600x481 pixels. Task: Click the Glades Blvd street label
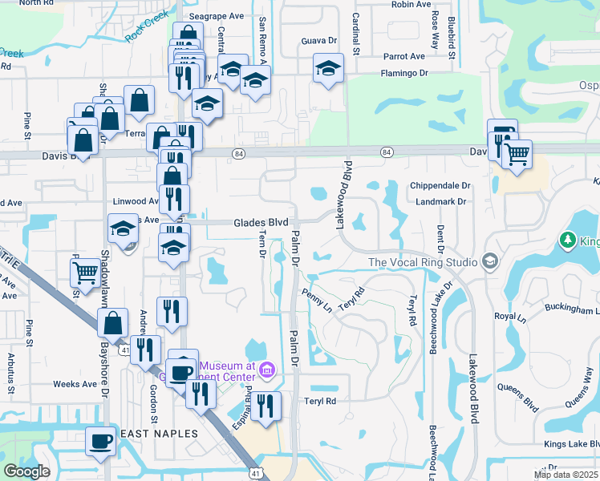pos(261,223)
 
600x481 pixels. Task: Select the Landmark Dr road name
pos(441,201)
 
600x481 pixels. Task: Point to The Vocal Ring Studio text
pos(423,262)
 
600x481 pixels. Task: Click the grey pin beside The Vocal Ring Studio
pos(489,262)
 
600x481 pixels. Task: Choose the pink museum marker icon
pos(268,370)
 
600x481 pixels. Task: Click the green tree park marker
pos(568,240)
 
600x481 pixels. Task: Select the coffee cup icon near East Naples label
pos(102,440)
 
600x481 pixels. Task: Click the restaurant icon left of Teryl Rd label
pos(266,405)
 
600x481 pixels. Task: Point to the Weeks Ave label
pos(75,384)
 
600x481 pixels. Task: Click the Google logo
pos(26,471)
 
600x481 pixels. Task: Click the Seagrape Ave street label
pos(216,15)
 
